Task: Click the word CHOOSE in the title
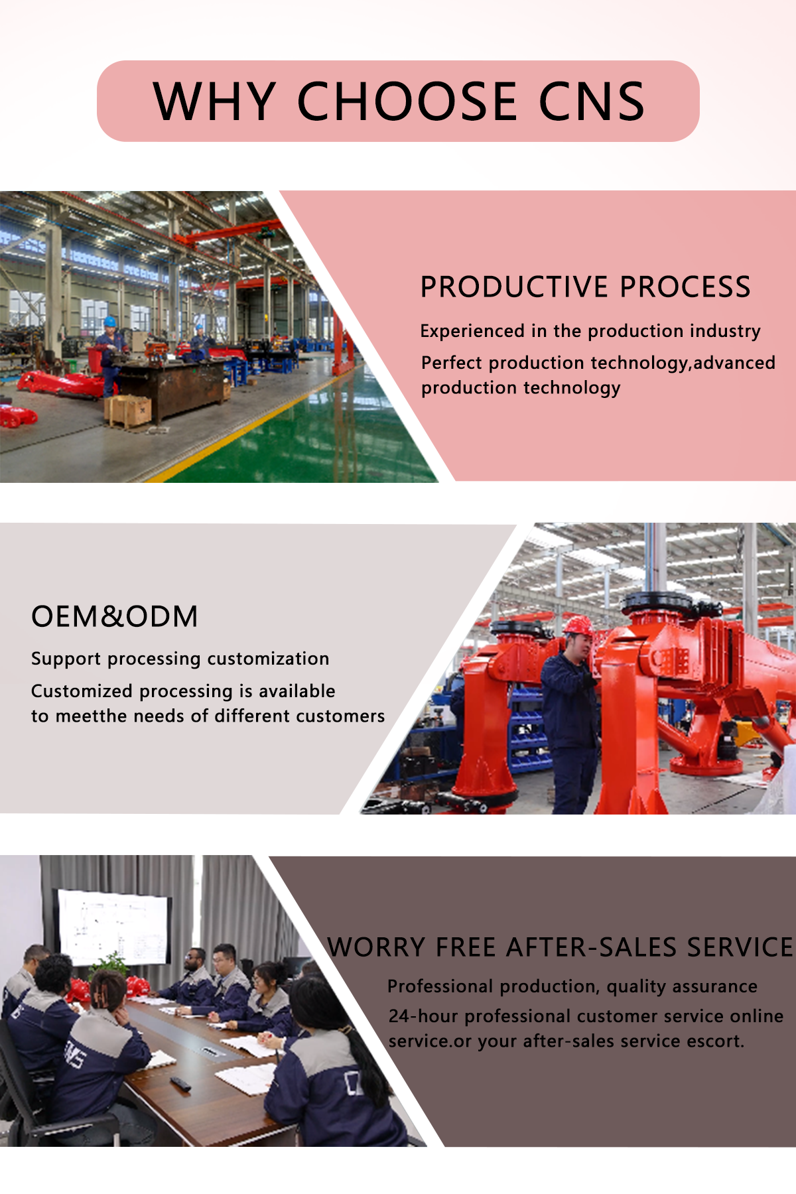click(x=407, y=102)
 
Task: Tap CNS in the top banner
click(x=591, y=102)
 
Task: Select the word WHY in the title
click(x=214, y=102)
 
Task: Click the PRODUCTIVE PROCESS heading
click(x=585, y=287)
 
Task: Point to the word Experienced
click(x=472, y=331)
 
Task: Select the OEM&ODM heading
click(x=115, y=617)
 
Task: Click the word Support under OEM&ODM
click(x=66, y=659)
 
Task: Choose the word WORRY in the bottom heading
click(x=376, y=947)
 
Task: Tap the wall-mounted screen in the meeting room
click(x=113, y=927)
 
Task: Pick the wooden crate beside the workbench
click(x=127, y=411)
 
